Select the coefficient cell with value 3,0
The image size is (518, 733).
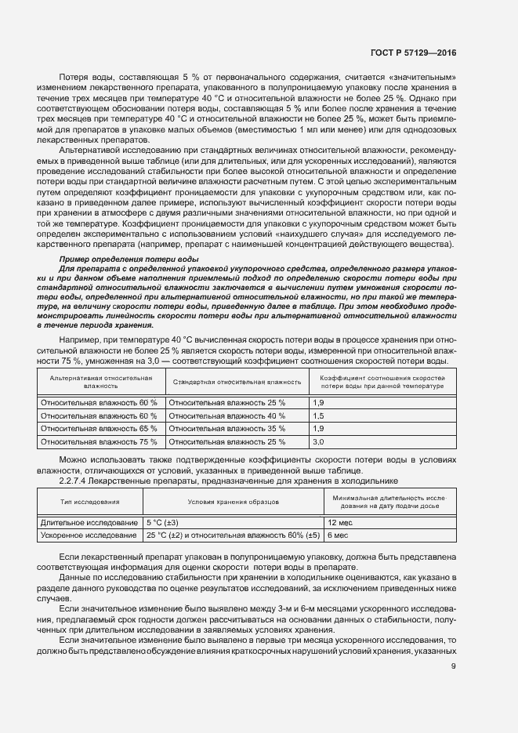[318, 442]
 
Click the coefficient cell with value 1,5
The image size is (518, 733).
[318, 415]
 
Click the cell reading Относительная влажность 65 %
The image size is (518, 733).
[99, 429]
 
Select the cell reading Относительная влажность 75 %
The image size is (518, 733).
[99, 442]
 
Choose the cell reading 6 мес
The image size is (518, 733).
[338, 535]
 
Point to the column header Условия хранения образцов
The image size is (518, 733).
[233, 502]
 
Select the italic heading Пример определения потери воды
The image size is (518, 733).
[129, 258]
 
